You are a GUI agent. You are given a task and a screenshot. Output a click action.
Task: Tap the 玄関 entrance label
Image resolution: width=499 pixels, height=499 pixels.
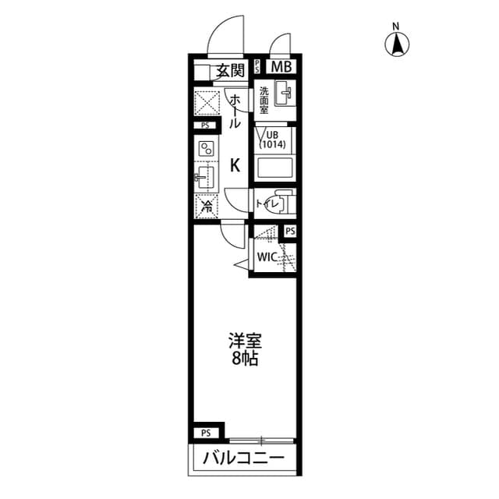click(x=230, y=71)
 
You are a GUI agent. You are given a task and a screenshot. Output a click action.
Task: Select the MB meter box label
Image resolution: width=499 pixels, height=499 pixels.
click(x=281, y=66)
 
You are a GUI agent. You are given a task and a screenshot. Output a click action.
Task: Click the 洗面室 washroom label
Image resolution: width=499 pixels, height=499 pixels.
click(x=264, y=99)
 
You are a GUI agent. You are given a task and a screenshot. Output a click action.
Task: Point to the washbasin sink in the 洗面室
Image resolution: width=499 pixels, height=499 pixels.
click(x=285, y=97)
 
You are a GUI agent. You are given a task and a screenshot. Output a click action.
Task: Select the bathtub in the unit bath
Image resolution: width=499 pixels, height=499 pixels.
click(x=274, y=168)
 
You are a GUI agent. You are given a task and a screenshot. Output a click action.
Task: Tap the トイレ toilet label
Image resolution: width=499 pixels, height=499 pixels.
click(x=264, y=204)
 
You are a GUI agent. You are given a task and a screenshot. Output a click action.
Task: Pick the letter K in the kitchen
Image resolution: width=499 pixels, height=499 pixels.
click(x=234, y=165)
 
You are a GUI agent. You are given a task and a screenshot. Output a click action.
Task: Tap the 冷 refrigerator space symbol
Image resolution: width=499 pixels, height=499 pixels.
click(x=207, y=207)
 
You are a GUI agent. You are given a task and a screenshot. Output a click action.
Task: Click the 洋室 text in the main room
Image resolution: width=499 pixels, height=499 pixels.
click(x=244, y=342)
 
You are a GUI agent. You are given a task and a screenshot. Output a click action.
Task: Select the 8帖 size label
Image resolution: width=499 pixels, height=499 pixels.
click(x=244, y=359)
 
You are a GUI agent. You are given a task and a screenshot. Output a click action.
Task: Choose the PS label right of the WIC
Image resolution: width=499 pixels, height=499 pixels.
click(x=290, y=232)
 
